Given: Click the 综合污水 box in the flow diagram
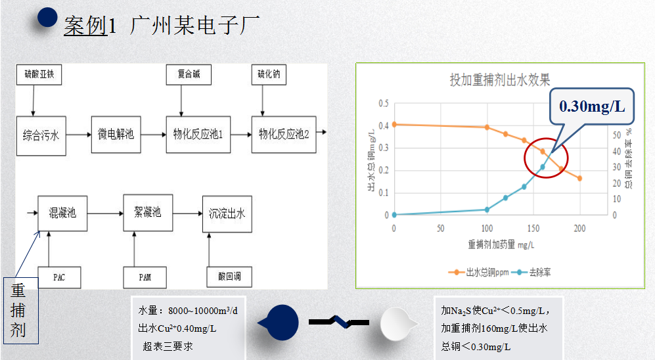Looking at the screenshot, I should [x=41, y=135].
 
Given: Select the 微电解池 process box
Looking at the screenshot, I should [x=116, y=135].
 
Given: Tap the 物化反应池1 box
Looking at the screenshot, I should [x=198, y=135].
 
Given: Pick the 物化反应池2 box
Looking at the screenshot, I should [x=284, y=135].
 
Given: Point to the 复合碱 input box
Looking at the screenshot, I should [x=189, y=75].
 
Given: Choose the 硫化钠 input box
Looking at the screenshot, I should [x=268, y=75].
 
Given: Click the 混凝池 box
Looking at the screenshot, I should [x=62, y=213].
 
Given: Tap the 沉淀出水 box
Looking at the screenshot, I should [x=227, y=213].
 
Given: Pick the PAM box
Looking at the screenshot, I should [x=145, y=277].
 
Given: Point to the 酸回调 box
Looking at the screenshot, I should [x=229, y=277].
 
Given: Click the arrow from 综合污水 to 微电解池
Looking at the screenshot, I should [x=78, y=135].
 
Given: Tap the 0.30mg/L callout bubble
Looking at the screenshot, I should [x=592, y=106].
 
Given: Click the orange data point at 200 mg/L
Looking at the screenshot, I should [x=579, y=178].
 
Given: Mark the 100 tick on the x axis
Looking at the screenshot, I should [x=486, y=228].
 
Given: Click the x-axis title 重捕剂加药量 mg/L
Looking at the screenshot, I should [x=501, y=244].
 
